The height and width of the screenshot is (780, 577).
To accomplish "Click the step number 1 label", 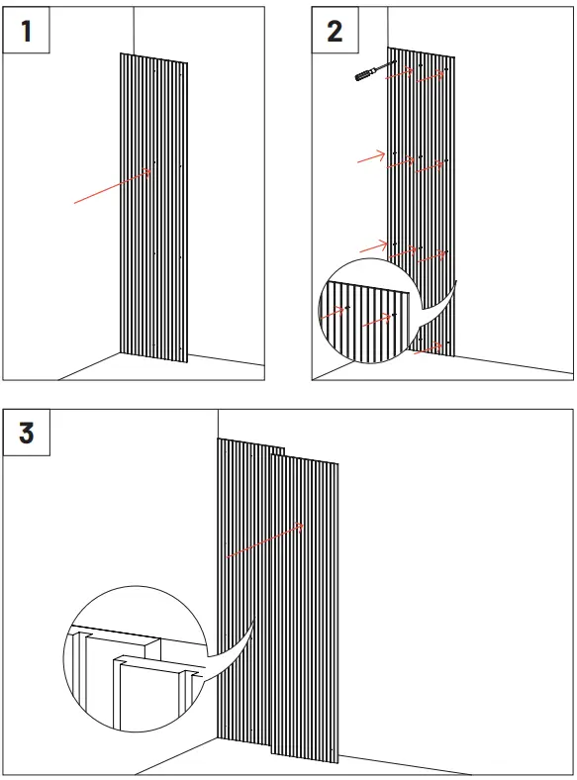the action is point(27,31).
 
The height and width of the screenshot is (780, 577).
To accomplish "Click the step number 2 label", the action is point(335,31).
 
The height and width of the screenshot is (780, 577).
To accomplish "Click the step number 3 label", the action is point(27,433).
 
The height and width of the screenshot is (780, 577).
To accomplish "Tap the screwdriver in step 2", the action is point(375,70).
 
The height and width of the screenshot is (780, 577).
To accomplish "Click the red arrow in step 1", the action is point(113,186).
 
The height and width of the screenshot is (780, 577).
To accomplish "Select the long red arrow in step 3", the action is point(265,540).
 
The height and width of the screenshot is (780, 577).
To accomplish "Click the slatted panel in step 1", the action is point(153,208).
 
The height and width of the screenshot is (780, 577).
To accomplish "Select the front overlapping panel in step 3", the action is point(305,608).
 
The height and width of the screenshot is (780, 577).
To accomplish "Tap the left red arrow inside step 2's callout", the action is point(332,313).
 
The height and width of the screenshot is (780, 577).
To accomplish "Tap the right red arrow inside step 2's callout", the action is point(376,320).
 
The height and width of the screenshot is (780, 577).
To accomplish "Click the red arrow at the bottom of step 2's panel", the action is point(428,348).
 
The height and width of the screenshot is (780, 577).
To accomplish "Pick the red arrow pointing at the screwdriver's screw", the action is point(400,72).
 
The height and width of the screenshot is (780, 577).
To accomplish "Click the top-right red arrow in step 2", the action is point(430,76).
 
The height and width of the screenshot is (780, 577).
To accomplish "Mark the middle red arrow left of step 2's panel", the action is point(371,157).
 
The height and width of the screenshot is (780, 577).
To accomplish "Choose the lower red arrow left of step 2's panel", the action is point(373,246).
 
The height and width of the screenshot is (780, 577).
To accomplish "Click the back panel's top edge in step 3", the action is point(250,443).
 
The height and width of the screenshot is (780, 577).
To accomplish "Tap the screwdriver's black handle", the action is point(362,75).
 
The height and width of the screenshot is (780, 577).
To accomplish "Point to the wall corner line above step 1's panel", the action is point(134,30).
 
